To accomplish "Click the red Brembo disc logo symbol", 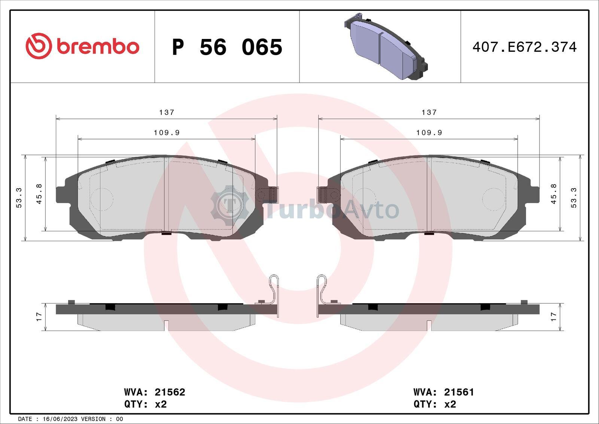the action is coord(39,46).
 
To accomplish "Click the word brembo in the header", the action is coord(98,46).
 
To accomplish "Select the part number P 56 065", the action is coord(227,47).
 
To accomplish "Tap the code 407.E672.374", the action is coord(524,47).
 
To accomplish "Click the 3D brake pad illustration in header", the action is coord(386,46).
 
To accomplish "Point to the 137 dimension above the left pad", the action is coord(167,112).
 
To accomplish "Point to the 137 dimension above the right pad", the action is coord(429,112).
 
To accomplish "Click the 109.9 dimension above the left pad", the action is coord(167,133).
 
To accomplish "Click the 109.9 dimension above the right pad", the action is coord(429,133).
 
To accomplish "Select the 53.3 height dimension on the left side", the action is coord(19,198).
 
